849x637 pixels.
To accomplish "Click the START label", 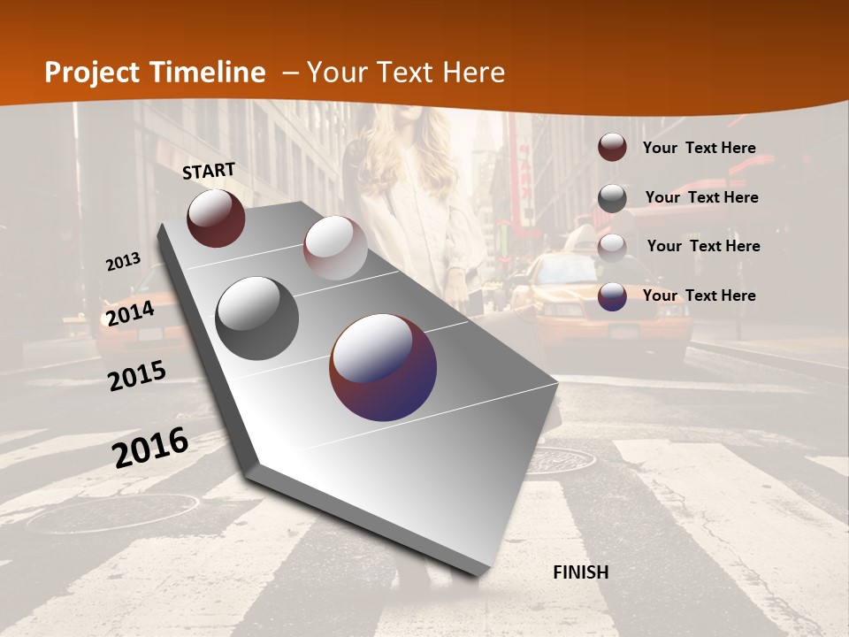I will click(x=209, y=171).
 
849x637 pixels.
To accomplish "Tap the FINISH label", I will click(x=580, y=572).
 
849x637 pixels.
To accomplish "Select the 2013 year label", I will click(x=123, y=262).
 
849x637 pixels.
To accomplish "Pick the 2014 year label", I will click(x=130, y=314).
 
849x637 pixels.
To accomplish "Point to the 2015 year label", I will click(x=137, y=376).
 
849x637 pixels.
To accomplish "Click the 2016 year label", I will click(x=150, y=448).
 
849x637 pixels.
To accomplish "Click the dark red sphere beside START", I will click(x=216, y=218).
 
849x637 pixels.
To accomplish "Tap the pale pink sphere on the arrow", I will click(x=335, y=248).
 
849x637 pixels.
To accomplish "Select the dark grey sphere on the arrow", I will click(x=257, y=318).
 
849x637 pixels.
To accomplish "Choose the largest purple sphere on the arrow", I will click(x=383, y=367).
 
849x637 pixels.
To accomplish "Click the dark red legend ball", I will click(x=612, y=147).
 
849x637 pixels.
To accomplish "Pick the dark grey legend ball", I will click(x=612, y=197).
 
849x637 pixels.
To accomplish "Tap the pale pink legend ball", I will click(x=612, y=247).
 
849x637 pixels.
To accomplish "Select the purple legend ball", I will click(x=612, y=296).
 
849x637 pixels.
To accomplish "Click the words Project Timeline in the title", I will click(x=155, y=73).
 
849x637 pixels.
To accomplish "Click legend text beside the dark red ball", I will click(x=699, y=148).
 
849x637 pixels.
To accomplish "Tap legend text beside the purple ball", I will click(x=699, y=295).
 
